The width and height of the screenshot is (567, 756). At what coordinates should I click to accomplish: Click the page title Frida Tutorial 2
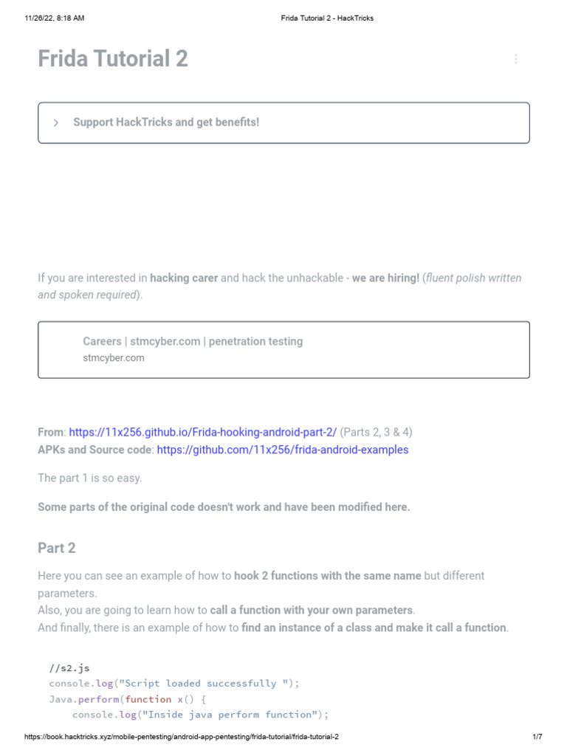tap(113, 59)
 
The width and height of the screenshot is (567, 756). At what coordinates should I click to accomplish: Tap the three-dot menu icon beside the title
tap(516, 59)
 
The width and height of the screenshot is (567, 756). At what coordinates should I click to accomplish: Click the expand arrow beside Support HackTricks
tap(56, 123)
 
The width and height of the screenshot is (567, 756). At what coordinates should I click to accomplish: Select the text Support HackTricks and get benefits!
tap(166, 123)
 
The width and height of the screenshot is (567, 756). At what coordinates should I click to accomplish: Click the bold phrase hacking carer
tap(184, 278)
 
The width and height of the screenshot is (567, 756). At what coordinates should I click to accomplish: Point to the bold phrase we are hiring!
tap(385, 278)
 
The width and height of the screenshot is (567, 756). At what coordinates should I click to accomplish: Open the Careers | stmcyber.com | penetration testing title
tap(193, 341)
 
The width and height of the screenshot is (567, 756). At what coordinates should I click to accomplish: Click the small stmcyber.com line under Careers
tap(114, 358)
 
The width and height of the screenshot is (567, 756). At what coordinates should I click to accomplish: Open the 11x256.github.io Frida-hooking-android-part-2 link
tap(203, 432)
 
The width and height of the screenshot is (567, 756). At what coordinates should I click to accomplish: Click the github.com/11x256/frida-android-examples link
tap(283, 450)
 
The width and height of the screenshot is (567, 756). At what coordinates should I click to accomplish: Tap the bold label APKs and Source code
tap(94, 450)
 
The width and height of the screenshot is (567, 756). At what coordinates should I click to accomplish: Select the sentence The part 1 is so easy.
tap(90, 478)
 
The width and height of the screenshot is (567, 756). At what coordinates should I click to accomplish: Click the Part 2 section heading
tap(57, 548)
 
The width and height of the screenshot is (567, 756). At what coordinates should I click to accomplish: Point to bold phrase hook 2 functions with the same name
tap(328, 576)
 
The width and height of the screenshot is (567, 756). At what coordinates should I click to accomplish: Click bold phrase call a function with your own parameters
tap(312, 611)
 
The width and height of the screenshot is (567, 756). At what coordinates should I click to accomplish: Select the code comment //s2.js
tap(69, 668)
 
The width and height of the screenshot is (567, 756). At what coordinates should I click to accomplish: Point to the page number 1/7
tap(537, 738)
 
